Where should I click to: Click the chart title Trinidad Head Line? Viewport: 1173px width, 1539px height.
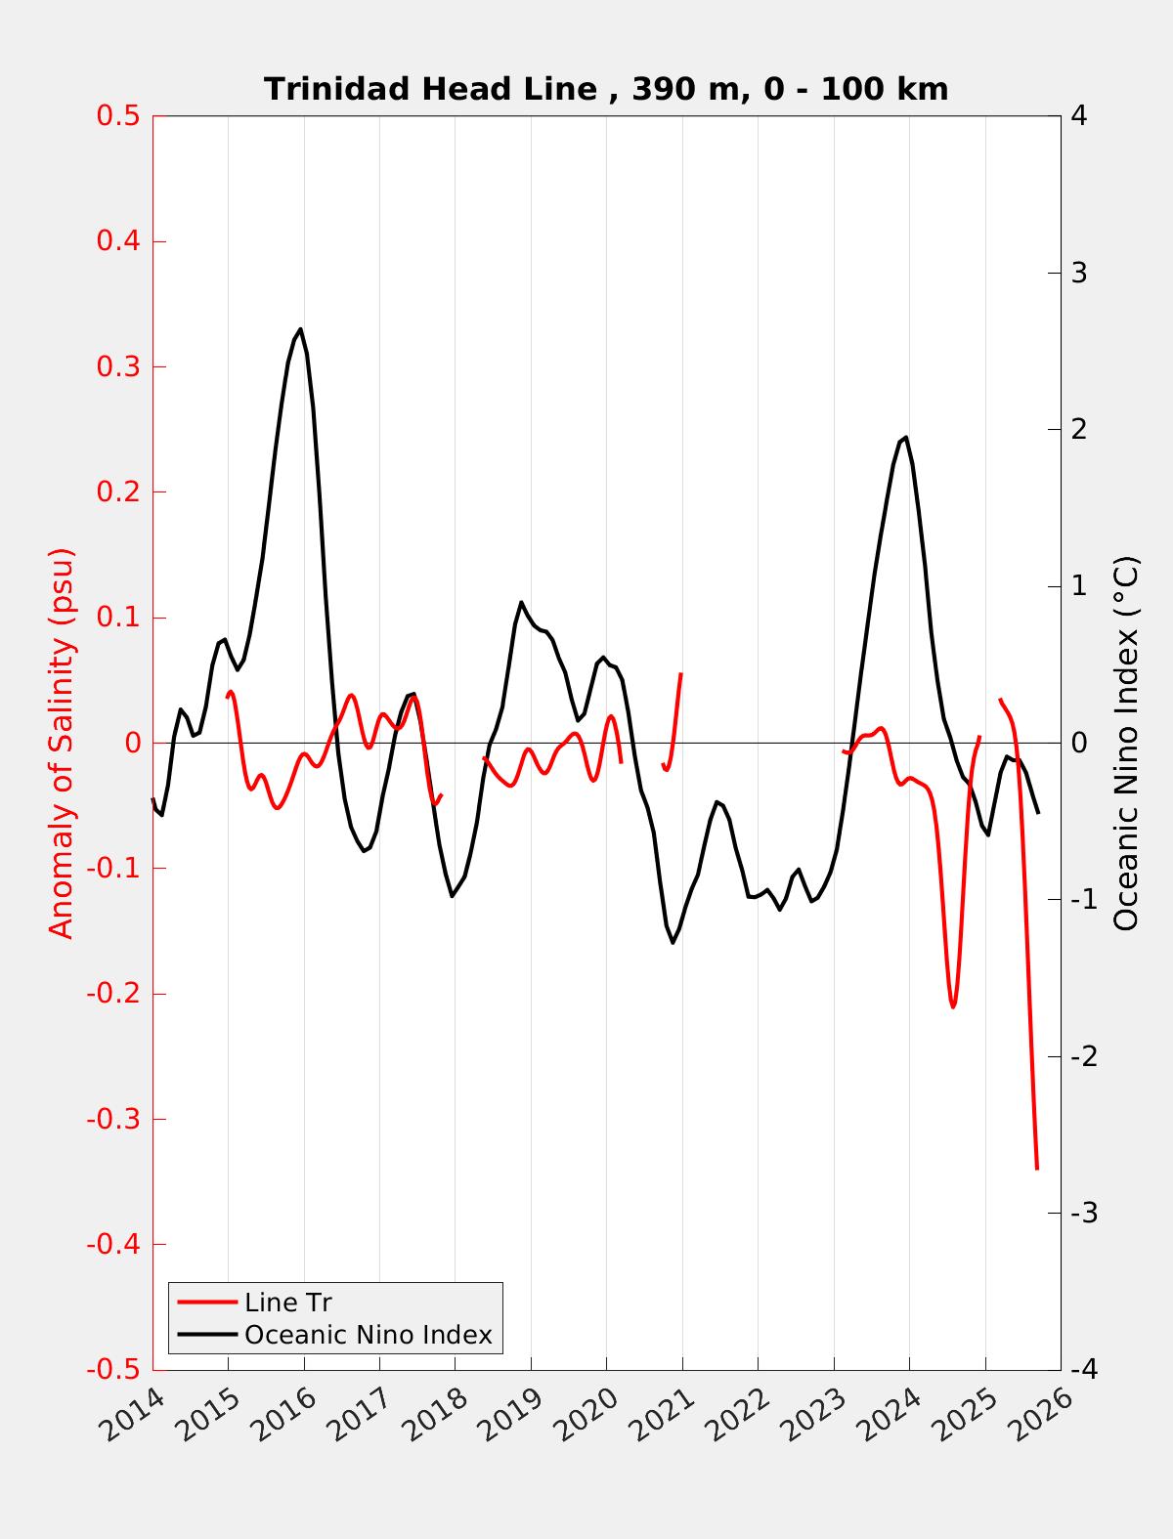point(606,89)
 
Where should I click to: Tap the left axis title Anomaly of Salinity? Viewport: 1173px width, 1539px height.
point(62,743)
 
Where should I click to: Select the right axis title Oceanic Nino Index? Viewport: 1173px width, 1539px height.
point(1126,743)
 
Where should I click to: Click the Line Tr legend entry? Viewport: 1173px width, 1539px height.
point(288,1303)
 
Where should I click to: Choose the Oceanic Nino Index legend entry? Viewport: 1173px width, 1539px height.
point(368,1334)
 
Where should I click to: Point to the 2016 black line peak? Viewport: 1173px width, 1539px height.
point(300,329)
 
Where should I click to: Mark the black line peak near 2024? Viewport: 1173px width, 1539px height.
point(906,437)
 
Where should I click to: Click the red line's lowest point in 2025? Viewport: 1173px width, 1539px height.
point(1036,1168)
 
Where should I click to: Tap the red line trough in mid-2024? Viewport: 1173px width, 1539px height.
point(952,1006)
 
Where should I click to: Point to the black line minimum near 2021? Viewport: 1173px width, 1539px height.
point(673,942)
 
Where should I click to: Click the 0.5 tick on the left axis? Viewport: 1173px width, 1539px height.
point(117,115)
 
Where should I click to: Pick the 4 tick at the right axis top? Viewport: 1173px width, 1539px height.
point(1079,115)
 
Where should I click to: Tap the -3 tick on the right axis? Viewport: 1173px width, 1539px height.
point(1083,1213)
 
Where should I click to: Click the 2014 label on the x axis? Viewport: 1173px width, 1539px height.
point(134,1417)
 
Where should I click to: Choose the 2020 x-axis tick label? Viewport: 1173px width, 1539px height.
point(588,1417)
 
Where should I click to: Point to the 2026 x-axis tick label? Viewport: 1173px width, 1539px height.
point(1043,1417)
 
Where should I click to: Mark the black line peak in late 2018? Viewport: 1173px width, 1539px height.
point(521,602)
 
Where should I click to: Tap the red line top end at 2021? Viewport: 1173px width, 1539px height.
point(680,673)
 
